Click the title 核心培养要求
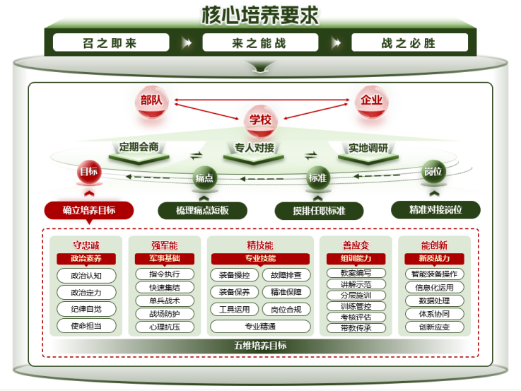(260, 14)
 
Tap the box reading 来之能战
(259, 43)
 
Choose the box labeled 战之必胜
(409, 43)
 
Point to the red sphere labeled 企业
(371, 100)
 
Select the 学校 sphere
(259, 119)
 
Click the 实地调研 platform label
(368, 148)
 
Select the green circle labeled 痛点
(204, 178)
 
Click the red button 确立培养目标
(89, 210)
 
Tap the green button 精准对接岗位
(435, 210)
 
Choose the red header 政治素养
(87, 259)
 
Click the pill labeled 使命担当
(86, 326)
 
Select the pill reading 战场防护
(165, 314)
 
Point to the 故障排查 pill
(286, 275)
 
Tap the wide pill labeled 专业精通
(260, 327)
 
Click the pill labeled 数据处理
(435, 300)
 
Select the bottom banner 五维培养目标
(260, 346)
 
